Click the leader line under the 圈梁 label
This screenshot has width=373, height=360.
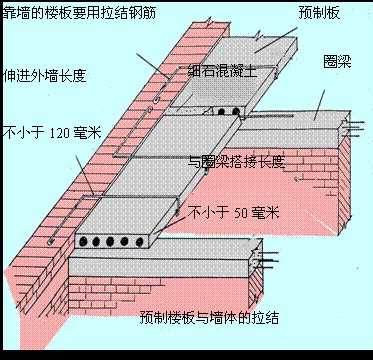(x=318, y=100)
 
